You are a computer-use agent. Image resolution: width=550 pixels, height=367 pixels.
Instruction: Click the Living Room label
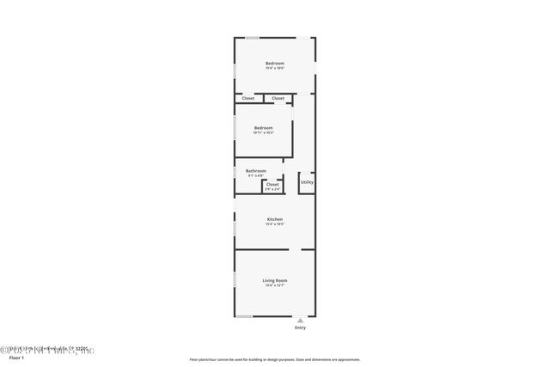click(275, 280)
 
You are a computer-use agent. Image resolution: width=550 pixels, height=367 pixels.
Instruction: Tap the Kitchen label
click(275, 219)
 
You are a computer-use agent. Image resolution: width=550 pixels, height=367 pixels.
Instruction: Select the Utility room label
click(307, 182)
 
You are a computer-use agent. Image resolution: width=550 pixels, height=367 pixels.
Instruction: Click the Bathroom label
click(256, 170)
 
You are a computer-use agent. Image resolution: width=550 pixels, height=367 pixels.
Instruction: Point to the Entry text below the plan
click(300, 328)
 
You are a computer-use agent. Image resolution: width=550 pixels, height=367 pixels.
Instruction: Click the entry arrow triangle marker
click(300, 320)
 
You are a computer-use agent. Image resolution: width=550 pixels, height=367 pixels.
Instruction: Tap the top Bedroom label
click(275, 64)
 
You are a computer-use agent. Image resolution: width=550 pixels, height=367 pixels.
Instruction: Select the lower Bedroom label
click(263, 128)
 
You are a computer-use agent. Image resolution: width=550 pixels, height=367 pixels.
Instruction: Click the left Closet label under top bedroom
click(248, 98)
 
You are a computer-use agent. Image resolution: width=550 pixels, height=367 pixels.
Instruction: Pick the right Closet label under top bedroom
click(278, 98)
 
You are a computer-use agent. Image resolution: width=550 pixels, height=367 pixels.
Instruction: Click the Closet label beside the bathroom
click(272, 184)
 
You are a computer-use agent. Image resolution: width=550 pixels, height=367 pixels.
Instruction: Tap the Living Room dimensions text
click(275, 285)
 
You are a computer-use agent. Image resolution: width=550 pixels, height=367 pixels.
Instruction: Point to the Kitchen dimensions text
click(275, 224)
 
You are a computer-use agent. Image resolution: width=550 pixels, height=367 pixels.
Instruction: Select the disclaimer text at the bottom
click(275, 359)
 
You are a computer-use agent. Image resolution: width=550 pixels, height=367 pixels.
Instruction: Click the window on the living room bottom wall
click(245, 316)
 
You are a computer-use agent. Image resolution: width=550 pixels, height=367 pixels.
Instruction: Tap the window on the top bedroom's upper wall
click(254, 37)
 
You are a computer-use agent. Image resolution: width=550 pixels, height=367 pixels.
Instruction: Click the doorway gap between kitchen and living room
click(295, 249)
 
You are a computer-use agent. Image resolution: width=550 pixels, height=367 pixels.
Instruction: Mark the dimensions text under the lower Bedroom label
click(263, 133)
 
